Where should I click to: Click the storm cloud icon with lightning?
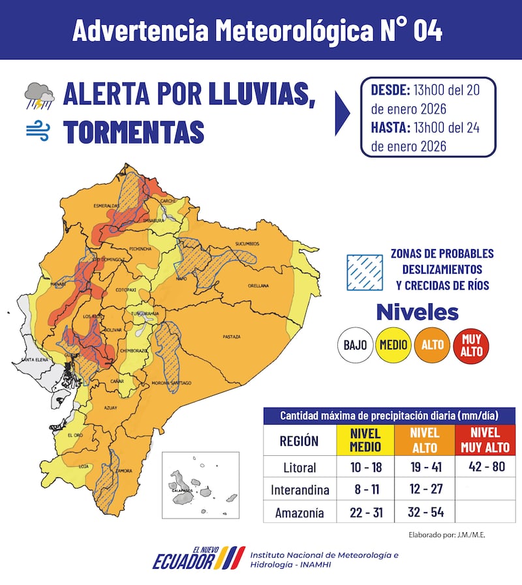(x=39, y=96)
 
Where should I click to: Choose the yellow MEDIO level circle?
(x=393, y=345)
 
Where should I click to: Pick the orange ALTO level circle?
(x=432, y=345)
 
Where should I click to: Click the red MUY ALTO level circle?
(x=470, y=345)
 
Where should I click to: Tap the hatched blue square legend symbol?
(x=363, y=271)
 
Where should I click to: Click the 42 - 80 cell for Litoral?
(x=485, y=467)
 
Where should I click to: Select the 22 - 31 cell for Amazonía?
(x=366, y=513)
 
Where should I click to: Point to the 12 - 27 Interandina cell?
(x=425, y=490)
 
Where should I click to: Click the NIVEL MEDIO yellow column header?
(x=366, y=440)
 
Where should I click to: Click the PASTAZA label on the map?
(x=232, y=337)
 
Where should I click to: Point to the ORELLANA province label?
(x=258, y=286)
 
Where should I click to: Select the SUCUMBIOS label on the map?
(x=247, y=244)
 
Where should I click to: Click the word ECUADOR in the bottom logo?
(x=183, y=560)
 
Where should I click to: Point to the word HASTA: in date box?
(x=390, y=128)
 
